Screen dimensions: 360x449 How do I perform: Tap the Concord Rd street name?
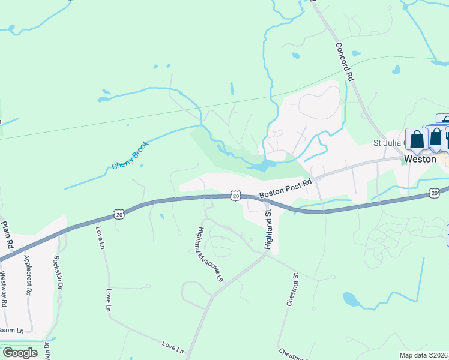tap(342, 61)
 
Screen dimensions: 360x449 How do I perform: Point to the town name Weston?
tap(420, 159)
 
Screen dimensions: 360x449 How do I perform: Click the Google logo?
tap(19, 352)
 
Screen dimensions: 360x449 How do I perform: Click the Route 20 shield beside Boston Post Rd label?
tap(235, 196)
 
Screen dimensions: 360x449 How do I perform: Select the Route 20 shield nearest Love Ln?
tap(118, 213)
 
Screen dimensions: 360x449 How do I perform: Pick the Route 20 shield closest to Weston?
tap(434, 193)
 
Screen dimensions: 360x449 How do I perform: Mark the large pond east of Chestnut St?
tap(352, 298)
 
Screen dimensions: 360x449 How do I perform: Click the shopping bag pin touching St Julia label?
tap(417, 139)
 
